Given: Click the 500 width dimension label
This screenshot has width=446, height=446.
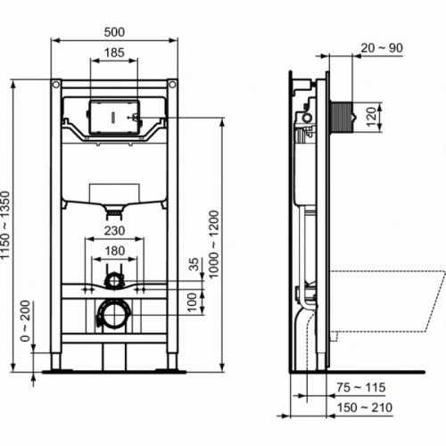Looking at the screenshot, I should point(114,30).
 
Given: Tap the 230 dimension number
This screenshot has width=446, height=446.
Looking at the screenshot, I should point(114,229).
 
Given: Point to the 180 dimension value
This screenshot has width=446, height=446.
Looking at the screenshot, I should point(114,252).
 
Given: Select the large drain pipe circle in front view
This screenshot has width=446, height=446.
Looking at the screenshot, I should point(112,314).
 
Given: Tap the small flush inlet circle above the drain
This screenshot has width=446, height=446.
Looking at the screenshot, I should point(113,281).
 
